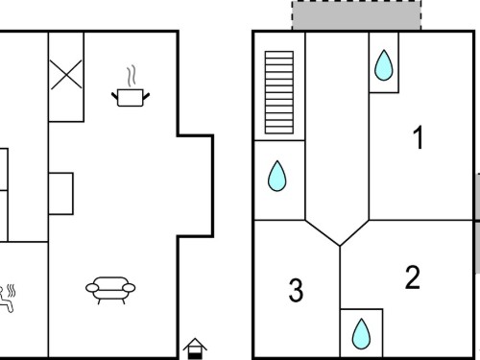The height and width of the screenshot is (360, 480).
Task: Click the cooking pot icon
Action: (x=131, y=97)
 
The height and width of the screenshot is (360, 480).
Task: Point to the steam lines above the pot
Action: (x=132, y=76)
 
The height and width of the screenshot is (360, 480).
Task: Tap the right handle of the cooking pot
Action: (x=146, y=96)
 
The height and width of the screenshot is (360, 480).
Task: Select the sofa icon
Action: (x=110, y=290)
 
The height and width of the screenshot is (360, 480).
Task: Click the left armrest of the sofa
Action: (x=92, y=288)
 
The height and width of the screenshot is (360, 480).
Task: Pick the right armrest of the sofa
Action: (x=129, y=288)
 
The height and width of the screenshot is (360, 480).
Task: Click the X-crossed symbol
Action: (x=66, y=75)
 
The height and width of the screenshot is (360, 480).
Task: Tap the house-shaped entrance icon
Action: (x=195, y=348)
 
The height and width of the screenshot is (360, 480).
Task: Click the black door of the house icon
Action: (x=195, y=355)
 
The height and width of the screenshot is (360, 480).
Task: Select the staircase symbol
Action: (x=279, y=92)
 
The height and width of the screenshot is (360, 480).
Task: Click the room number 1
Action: (x=419, y=137)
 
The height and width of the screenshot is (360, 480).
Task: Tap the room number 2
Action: (x=413, y=277)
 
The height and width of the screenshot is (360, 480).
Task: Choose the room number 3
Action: (x=296, y=290)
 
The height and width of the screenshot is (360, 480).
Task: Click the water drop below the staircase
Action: (x=277, y=176)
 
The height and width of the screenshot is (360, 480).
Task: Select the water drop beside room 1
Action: (x=383, y=65)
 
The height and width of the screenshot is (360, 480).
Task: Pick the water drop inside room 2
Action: (x=361, y=334)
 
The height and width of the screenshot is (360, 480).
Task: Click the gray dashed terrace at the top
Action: (x=356, y=15)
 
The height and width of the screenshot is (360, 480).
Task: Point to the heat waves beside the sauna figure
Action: (x=12, y=291)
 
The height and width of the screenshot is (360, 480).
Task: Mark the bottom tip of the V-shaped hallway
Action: (x=340, y=246)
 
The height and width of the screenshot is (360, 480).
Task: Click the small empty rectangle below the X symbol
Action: (x=60, y=194)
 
